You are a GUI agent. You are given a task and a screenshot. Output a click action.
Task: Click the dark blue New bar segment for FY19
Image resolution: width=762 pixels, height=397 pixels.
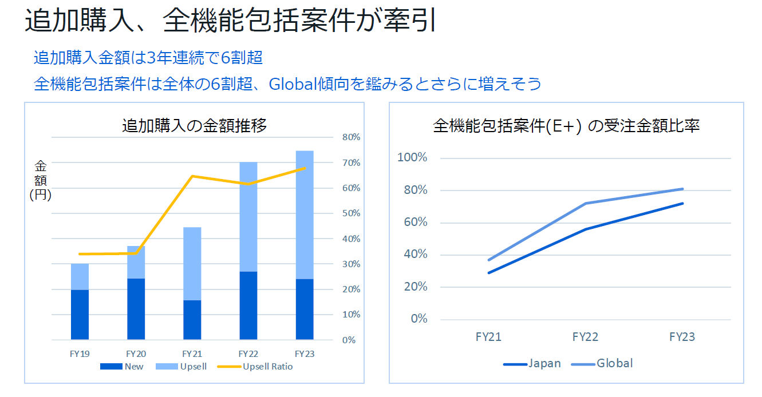[80, 315]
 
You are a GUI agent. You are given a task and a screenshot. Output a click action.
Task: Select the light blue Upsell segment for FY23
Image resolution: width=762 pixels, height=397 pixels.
[305, 215]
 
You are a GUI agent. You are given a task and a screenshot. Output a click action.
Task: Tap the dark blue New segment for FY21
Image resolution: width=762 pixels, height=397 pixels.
[192, 320]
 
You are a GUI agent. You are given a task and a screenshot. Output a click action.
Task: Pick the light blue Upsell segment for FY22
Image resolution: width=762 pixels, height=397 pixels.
[248, 217]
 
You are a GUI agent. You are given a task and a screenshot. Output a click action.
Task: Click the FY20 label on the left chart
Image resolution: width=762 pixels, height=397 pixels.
[136, 354]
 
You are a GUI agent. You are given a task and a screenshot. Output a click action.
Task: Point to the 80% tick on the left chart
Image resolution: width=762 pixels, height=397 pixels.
[351, 137]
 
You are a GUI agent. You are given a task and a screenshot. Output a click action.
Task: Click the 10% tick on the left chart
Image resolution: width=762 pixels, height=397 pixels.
[351, 315]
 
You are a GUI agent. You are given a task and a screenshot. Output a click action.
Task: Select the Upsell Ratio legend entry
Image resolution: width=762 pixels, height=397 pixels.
[255, 366]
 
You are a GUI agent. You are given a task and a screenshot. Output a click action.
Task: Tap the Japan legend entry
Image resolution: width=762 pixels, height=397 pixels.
[532, 363]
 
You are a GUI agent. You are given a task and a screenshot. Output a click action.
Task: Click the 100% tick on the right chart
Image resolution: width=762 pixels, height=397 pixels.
[412, 158]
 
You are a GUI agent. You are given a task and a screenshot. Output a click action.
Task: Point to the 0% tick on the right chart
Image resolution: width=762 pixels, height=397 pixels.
[419, 319]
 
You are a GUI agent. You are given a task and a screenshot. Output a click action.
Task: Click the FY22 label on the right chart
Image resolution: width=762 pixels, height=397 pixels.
[585, 337]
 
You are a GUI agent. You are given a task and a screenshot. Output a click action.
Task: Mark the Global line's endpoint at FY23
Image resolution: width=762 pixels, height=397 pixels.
[682, 189]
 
